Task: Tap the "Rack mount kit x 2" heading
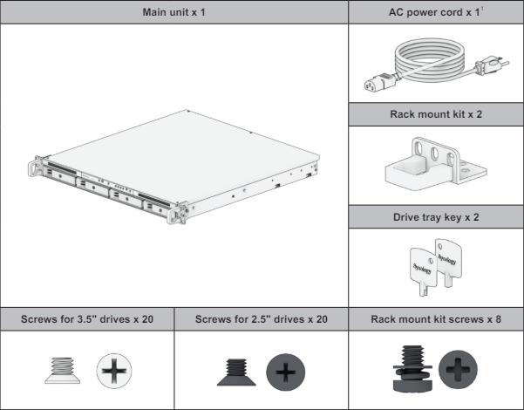pos(433,114)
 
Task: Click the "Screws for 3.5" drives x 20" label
pos(87,319)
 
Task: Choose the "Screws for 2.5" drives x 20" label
pos(262,319)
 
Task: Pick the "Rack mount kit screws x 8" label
pos(433,319)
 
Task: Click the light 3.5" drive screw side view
pos(58,369)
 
